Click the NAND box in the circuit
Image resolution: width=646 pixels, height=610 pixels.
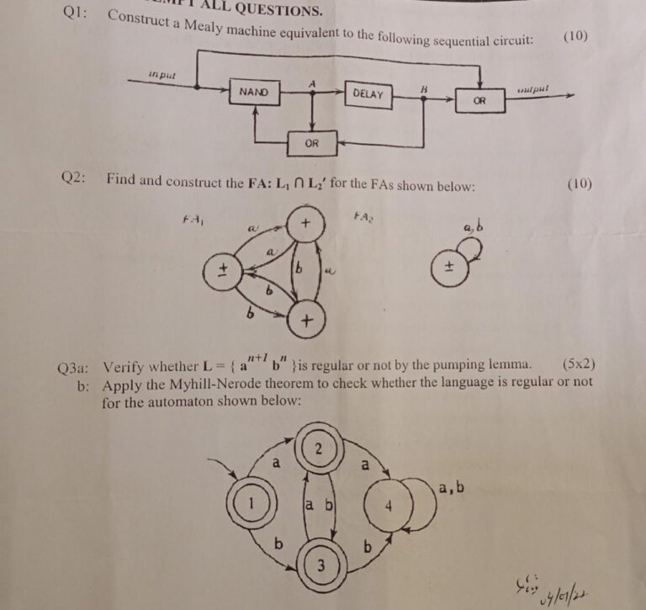[255, 91]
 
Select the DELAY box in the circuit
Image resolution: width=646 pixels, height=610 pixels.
[368, 94]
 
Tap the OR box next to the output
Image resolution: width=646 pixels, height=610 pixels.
[479, 100]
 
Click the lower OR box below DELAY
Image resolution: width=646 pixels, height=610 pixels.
[311, 143]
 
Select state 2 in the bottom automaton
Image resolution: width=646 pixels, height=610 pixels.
[319, 447]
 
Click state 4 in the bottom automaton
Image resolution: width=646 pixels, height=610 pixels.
[388, 507]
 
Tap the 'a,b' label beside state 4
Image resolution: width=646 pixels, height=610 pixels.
[452, 486]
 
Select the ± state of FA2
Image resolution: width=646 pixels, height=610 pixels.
[449, 268]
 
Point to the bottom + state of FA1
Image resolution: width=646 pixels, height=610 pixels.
[307, 321]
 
